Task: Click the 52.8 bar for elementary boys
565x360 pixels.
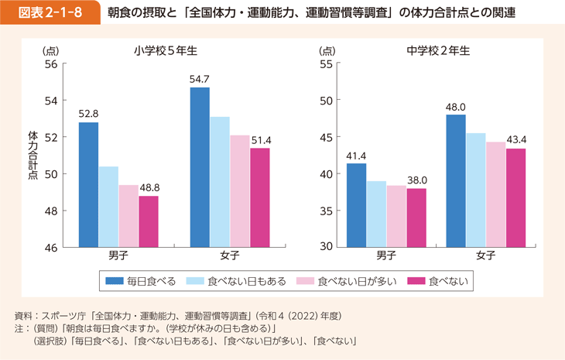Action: pos(89,185)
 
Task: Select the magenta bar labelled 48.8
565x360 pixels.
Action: pos(149,221)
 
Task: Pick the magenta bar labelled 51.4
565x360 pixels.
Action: pos(259,197)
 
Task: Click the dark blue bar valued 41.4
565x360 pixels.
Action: pos(356,205)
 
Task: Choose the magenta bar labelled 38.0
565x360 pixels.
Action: pos(416,218)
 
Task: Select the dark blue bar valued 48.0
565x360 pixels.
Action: pos(456,181)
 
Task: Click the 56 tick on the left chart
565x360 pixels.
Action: pos(51,63)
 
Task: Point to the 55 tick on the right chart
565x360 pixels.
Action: pos(326,63)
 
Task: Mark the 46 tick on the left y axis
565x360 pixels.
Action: pos(51,248)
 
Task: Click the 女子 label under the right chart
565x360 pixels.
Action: pos(485,256)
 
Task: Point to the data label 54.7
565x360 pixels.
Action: pos(200,79)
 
